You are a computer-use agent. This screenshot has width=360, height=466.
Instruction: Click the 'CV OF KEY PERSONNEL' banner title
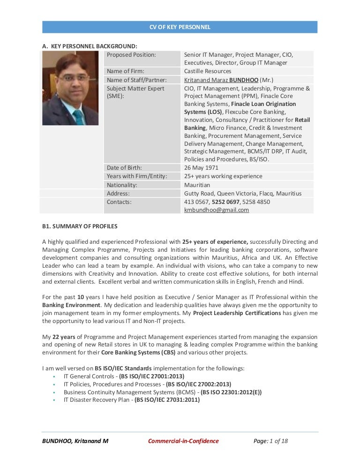[x=180, y=27]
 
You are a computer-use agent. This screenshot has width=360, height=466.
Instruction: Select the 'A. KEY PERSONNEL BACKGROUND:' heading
[x=90, y=46]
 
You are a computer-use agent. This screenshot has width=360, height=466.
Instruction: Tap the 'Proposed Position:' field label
[x=131, y=54]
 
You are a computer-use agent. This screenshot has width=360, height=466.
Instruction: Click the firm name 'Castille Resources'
[x=207, y=71]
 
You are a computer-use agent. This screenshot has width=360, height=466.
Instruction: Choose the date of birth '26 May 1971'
[x=201, y=168]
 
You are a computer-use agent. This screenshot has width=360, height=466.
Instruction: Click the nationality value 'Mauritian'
[x=197, y=185]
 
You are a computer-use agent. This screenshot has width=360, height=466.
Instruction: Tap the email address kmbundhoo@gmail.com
[x=216, y=210]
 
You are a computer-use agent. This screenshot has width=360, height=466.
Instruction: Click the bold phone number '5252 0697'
[x=226, y=202]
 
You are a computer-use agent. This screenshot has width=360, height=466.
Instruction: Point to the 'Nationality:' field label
[x=122, y=185]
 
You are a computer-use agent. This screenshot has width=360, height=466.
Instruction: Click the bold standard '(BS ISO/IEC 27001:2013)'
[x=152, y=376]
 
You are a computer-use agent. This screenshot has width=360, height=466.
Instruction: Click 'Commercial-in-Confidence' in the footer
[x=183, y=441]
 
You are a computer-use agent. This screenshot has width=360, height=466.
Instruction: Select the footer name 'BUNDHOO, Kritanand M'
[x=75, y=441]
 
